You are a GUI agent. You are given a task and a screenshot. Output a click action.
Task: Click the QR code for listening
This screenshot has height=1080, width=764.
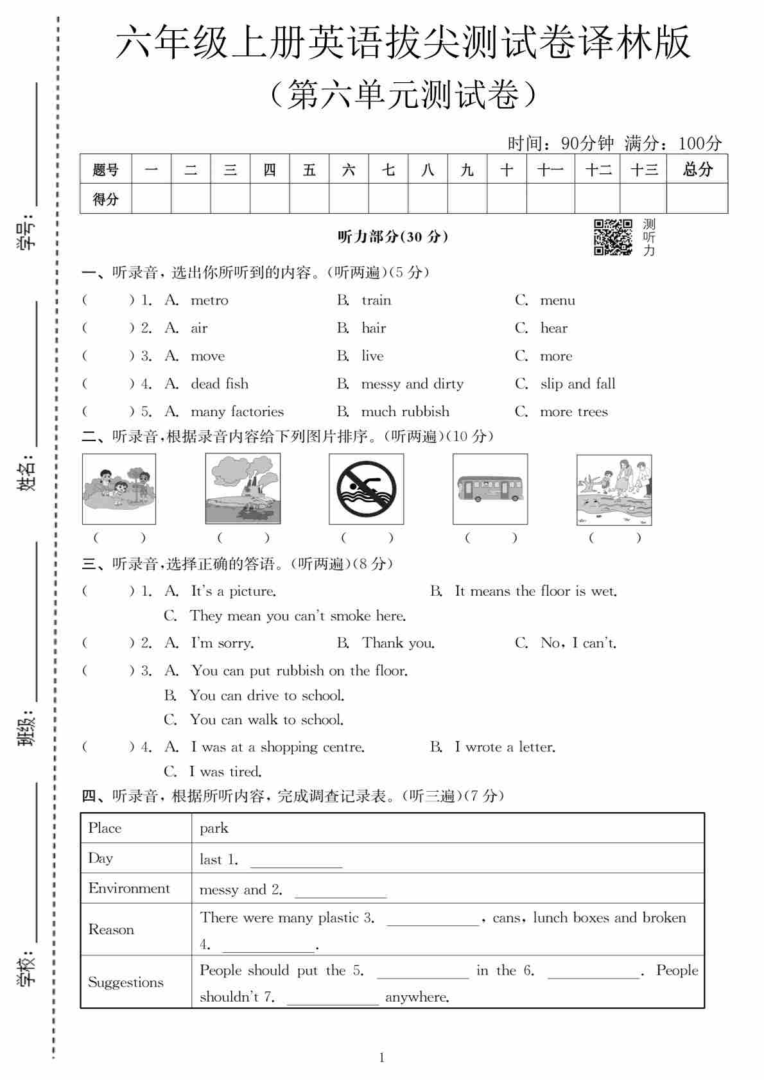coord(612,237)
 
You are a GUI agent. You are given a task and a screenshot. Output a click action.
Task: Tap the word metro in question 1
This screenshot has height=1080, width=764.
coord(209,300)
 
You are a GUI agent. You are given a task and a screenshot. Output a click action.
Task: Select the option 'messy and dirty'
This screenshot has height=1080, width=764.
coord(412,384)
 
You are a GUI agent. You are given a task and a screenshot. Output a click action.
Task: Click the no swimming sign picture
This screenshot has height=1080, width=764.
coord(366,489)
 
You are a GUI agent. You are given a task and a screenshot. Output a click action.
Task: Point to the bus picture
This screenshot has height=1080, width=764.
coord(490,489)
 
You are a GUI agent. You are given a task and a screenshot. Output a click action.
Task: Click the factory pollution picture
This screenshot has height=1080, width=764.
coord(243,489)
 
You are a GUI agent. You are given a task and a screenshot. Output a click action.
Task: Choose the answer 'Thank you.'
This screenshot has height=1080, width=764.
coord(398,643)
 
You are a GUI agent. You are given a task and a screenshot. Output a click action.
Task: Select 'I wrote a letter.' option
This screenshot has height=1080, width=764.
coord(505,747)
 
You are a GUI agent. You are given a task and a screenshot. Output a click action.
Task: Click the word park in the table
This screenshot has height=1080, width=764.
coord(214,828)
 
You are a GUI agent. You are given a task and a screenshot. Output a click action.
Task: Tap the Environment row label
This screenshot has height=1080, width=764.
coord(129,888)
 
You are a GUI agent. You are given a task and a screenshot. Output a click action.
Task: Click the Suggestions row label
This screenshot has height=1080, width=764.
coord(126,982)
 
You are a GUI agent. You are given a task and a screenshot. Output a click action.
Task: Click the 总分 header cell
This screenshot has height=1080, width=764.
coord(697,170)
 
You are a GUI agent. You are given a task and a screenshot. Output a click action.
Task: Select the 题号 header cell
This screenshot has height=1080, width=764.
coord(105,170)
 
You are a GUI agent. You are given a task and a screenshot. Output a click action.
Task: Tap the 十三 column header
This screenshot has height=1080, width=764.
coord(643,170)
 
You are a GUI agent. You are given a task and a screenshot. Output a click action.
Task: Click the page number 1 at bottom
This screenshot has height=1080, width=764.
coord(382,1057)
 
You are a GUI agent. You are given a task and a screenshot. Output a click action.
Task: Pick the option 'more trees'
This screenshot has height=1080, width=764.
coord(574,412)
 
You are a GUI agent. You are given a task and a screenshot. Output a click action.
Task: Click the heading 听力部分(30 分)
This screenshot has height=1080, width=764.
coord(393,237)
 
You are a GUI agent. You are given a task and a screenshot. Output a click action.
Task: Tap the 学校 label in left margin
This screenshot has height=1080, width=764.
coord(27,968)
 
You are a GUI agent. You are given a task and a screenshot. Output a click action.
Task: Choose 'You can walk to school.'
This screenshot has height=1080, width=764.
coord(266,720)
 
